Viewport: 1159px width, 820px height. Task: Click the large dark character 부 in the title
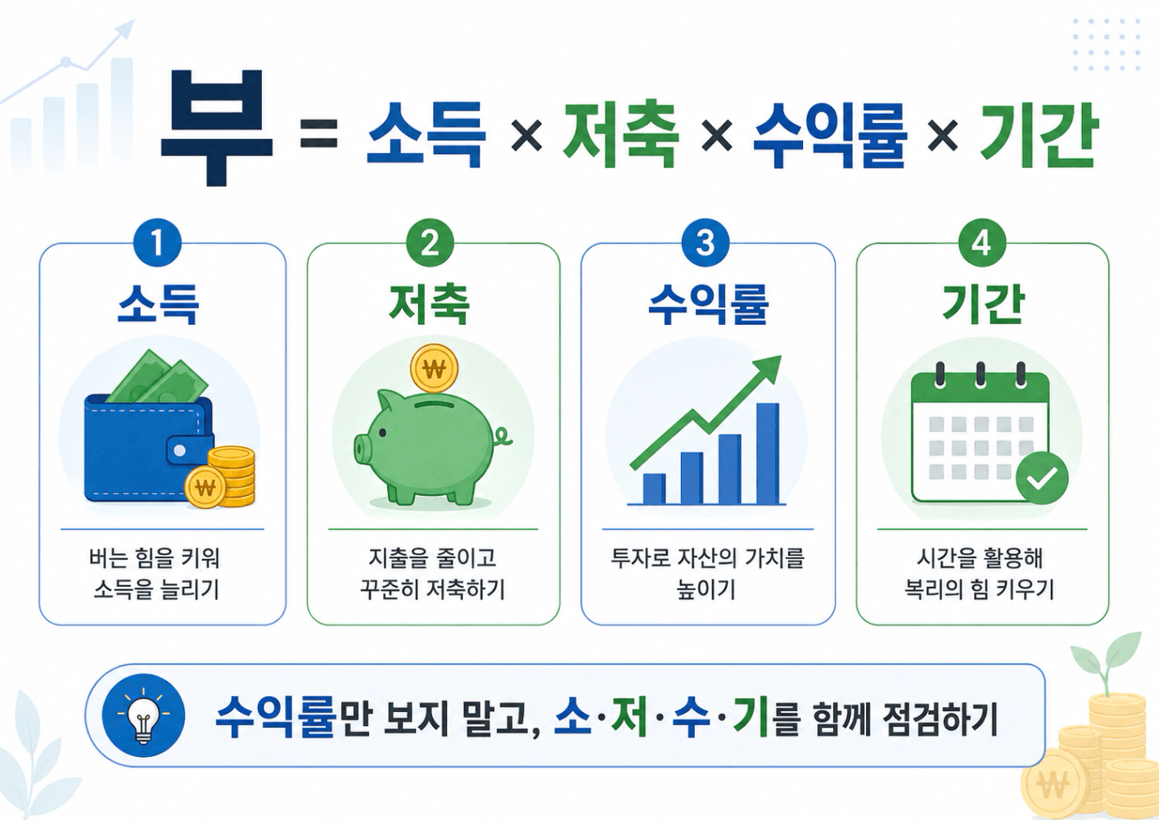click(216, 128)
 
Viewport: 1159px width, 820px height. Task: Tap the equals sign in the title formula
click(318, 133)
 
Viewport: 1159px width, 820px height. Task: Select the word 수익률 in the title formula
click(830, 135)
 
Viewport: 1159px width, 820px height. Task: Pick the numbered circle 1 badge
click(157, 244)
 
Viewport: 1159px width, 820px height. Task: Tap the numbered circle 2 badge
click(430, 244)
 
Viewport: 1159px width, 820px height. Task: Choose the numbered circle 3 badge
click(706, 244)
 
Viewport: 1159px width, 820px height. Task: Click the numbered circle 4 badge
click(982, 244)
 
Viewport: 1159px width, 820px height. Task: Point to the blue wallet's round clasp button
click(179, 451)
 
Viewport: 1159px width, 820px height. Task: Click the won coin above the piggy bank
click(434, 369)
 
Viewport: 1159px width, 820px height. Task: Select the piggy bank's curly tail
click(502, 437)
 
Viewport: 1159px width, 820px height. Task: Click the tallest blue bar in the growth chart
click(767, 453)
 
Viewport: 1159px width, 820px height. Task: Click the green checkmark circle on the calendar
click(1042, 478)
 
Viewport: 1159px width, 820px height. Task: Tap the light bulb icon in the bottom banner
click(143, 715)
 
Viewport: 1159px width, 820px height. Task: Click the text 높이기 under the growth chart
click(706, 589)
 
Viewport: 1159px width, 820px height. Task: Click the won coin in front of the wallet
click(205, 487)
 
